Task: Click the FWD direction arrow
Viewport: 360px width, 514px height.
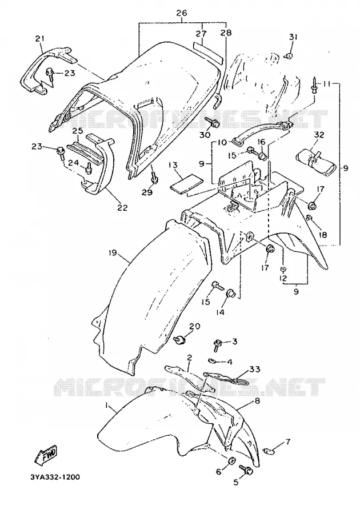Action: pyautogui.click(x=45, y=455)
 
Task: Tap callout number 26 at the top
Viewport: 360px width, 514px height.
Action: pyautogui.click(x=181, y=14)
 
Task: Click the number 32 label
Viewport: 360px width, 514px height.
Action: pyautogui.click(x=319, y=135)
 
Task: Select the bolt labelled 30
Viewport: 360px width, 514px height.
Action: pyautogui.click(x=213, y=123)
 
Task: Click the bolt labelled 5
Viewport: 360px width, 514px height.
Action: pyautogui.click(x=246, y=470)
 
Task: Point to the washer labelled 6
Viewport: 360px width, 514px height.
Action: pyautogui.click(x=231, y=461)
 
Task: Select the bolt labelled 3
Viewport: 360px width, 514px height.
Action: pyautogui.click(x=218, y=344)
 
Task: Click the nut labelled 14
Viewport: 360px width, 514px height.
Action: pyautogui.click(x=230, y=294)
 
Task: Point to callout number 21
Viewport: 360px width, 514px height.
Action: pyautogui.click(x=39, y=39)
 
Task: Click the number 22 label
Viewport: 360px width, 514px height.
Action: pyautogui.click(x=123, y=208)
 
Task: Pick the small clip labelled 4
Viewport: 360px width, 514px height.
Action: pyautogui.click(x=213, y=361)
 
